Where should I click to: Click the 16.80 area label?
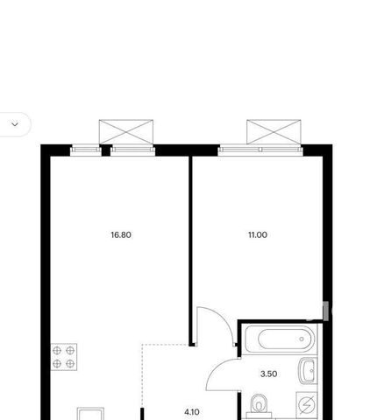121,234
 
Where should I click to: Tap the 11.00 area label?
258,234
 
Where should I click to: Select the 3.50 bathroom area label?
268,374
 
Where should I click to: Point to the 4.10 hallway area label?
192,412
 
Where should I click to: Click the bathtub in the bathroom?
280,339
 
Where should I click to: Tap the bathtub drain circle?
302,339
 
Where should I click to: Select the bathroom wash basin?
307,370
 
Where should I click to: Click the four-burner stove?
64,357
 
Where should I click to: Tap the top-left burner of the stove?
57,350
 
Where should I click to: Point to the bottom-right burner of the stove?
70,363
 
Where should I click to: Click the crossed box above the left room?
126,132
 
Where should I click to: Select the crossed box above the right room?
274,132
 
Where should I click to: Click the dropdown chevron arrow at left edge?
15,124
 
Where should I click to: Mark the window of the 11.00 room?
260,150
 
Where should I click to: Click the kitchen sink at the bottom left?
90,414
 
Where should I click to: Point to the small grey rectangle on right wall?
326,311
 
